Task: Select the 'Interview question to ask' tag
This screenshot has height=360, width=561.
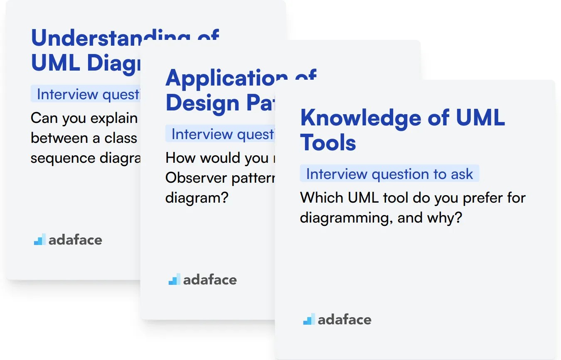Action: [389, 174]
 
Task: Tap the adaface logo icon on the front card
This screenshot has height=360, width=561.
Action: [309, 319]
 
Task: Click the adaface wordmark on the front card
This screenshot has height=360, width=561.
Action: [344, 319]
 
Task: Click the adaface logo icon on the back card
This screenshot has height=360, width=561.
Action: [39, 240]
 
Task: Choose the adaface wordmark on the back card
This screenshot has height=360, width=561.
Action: [75, 240]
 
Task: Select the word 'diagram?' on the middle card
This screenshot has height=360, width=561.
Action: [197, 197]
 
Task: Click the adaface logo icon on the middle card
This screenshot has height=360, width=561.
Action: [174, 279]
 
